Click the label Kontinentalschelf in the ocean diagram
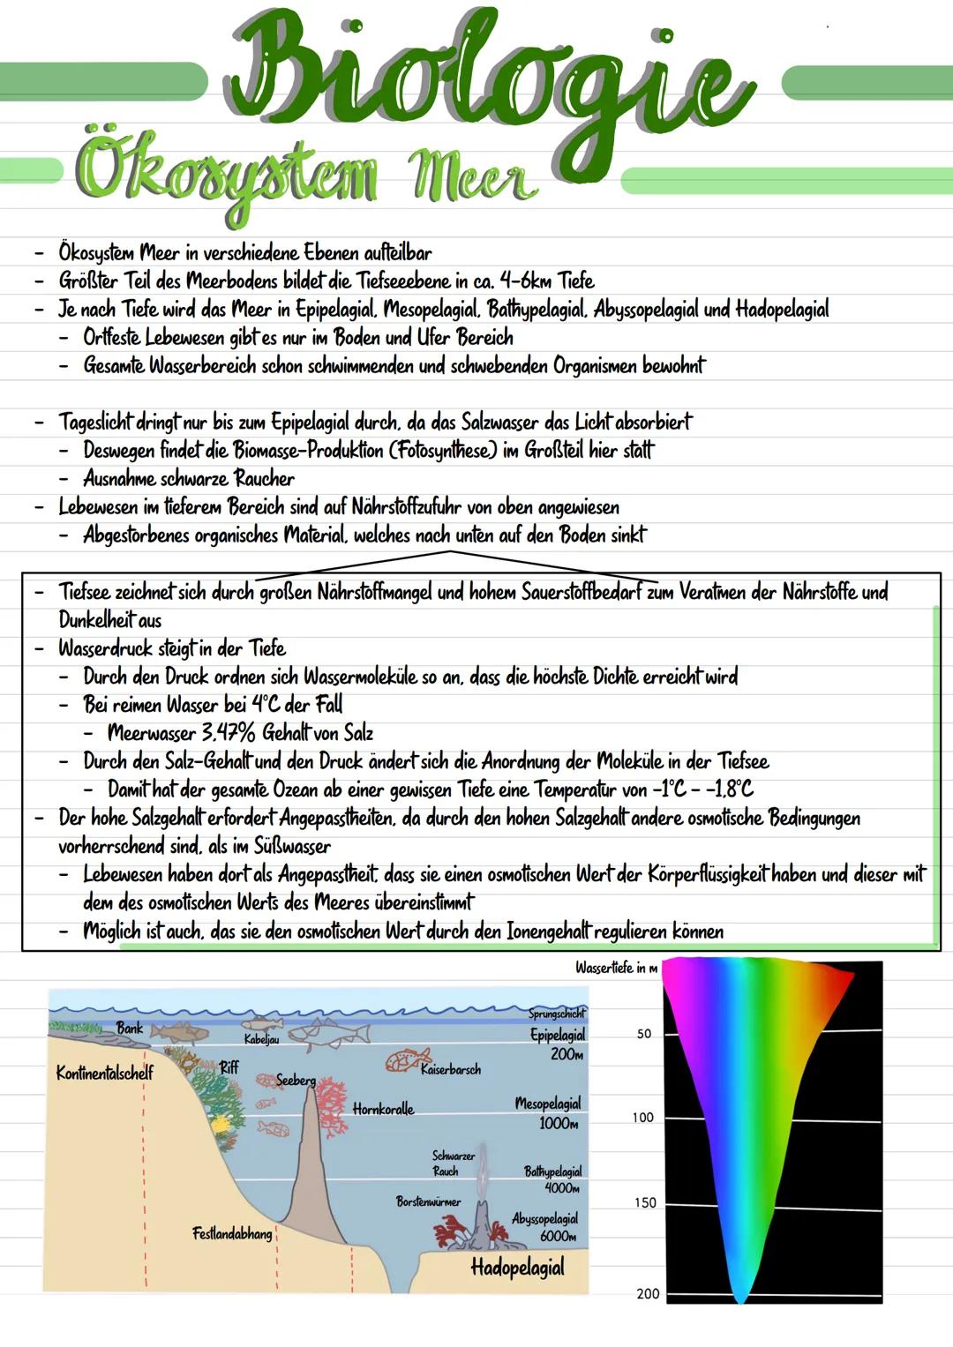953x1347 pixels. (x=104, y=1073)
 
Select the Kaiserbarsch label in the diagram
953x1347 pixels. (x=451, y=1069)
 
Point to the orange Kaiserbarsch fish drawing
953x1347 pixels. (x=409, y=1059)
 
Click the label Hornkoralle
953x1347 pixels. (x=383, y=1109)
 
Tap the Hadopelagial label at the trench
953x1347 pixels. (x=517, y=1268)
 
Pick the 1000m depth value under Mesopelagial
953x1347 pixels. (x=559, y=1124)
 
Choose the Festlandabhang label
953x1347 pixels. (x=232, y=1233)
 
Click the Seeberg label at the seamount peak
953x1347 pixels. (x=296, y=1080)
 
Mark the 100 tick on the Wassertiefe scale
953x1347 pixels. (x=642, y=1118)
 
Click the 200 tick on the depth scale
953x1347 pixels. (x=648, y=1293)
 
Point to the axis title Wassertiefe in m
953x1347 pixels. (x=616, y=968)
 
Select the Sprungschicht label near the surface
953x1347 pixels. (x=557, y=1014)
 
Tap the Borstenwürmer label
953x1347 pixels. (x=428, y=1201)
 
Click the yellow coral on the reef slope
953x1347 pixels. (x=219, y=1125)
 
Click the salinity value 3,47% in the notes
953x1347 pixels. (x=225, y=732)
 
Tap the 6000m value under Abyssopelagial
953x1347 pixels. (x=558, y=1237)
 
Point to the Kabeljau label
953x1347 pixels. (x=261, y=1040)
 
